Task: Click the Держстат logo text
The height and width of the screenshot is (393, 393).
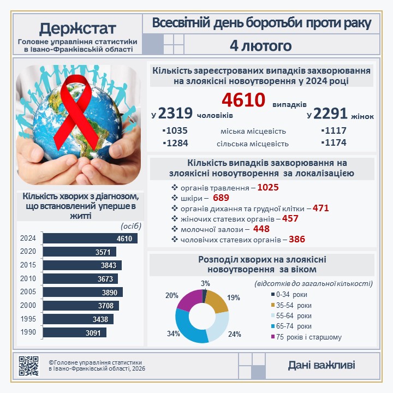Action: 78,28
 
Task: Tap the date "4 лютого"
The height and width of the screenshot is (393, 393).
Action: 261,45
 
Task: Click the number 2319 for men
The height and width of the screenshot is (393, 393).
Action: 175,113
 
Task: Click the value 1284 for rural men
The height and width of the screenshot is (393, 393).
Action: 175,144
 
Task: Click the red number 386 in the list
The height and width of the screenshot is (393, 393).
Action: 297,239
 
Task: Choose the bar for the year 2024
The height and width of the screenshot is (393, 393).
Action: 90,239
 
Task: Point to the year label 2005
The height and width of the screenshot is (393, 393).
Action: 28,292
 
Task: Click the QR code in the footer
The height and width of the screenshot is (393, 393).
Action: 29,366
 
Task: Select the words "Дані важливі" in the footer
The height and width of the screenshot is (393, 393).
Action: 321,365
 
